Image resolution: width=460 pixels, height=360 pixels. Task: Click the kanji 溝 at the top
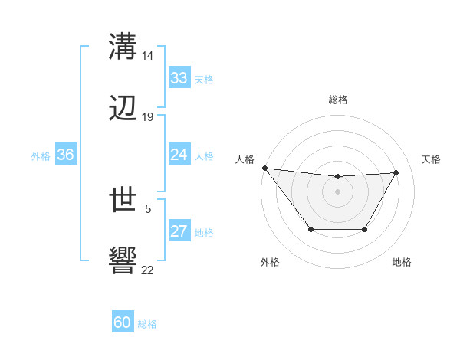(123, 46)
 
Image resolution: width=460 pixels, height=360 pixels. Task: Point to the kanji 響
(123, 261)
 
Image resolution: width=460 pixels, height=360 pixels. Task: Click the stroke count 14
(148, 56)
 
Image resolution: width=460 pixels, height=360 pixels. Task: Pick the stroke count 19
(148, 117)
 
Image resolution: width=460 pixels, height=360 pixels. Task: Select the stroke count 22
(148, 270)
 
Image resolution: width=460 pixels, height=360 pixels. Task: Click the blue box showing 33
(179, 78)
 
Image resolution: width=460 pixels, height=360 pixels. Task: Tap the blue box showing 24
(179, 155)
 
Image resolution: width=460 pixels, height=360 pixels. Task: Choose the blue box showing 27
(179, 231)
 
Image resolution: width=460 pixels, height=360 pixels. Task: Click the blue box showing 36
(66, 155)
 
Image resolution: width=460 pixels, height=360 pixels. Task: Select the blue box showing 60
(123, 322)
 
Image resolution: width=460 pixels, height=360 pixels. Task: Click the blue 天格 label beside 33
(203, 79)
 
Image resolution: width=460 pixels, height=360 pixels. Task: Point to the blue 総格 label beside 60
(147, 324)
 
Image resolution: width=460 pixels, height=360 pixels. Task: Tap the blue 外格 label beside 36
(41, 155)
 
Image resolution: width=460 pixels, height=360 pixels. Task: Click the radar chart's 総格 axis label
(338, 100)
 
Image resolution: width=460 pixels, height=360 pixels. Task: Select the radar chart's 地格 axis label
(402, 262)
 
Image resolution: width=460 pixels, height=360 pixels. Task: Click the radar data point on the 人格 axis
(264, 168)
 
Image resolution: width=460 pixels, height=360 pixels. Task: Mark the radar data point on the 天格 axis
(396, 172)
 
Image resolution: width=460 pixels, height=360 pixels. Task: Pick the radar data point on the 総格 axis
(338, 177)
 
